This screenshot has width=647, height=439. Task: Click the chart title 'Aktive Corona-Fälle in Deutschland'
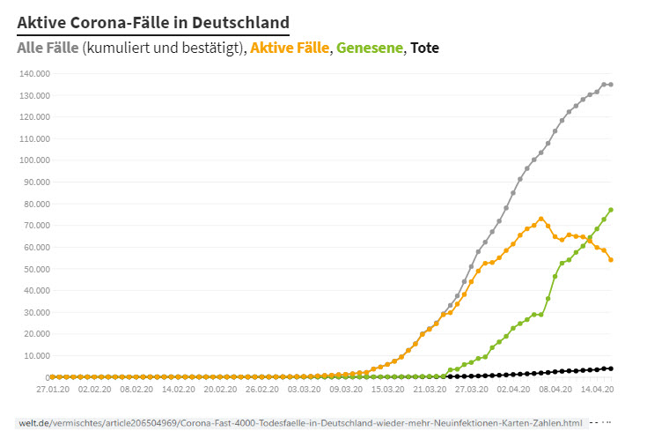(x=152, y=20)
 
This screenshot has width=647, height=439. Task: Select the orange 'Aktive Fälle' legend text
(x=290, y=48)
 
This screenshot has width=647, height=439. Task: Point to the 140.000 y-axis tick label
(x=33, y=73)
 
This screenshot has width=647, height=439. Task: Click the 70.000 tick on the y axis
(x=35, y=226)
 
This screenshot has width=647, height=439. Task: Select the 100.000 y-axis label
(x=33, y=160)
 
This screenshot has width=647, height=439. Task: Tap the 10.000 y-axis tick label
(x=35, y=356)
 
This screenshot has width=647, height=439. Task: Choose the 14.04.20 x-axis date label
(x=597, y=388)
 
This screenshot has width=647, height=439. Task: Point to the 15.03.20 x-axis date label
(x=387, y=388)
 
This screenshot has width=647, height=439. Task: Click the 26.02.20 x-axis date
(x=261, y=388)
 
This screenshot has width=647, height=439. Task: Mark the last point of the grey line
(x=611, y=85)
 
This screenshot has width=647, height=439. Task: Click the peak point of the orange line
(x=541, y=219)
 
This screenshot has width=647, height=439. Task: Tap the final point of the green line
(x=611, y=210)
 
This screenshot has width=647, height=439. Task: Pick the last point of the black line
(x=611, y=368)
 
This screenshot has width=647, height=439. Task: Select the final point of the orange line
(x=611, y=259)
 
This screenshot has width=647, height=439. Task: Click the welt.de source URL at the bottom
(x=299, y=424)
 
